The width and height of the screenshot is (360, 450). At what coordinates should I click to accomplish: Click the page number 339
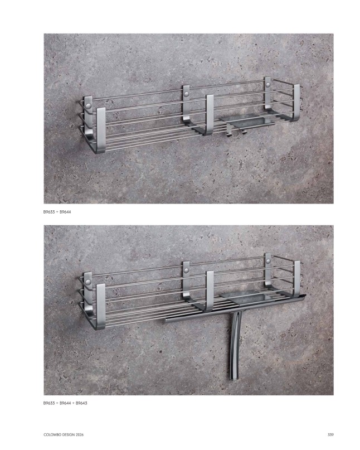pyautogui.click(x=330, y=435)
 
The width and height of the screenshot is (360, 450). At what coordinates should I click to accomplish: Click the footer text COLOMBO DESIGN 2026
pyautogui.click(x=64, y=435)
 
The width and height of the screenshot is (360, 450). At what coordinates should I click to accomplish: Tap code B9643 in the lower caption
pyautogui.click(x=81, y=403)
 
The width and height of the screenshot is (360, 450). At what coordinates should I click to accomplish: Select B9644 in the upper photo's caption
pyautogui.click(x=65, y=212)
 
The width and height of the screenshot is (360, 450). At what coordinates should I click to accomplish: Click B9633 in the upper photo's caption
pyautogui.click(x=49, y=212)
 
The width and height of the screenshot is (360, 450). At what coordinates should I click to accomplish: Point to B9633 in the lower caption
pyautogui.click(x=49, y=403)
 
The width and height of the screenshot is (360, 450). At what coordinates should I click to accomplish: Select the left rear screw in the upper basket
pyautogui.click(x=89, y=106)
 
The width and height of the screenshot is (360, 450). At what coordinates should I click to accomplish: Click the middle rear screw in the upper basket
pyautogui.click(x=187, y=94)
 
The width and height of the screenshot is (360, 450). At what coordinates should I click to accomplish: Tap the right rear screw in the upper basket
pyautogui.click(x=268, y=85)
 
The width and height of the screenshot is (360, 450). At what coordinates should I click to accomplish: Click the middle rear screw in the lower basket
pyautogui.click(x=187, y=270)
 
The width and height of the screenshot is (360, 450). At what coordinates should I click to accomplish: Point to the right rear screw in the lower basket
pyautogui.click(x=268, y=261)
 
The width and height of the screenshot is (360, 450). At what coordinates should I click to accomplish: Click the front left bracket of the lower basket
pyautogui.click(x=101, y=306)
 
